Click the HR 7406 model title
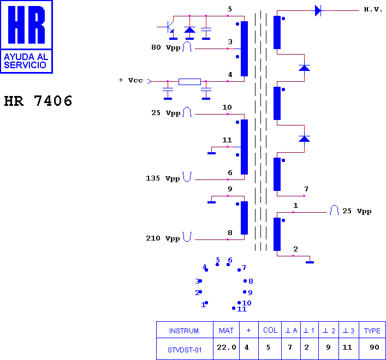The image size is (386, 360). (38, 101)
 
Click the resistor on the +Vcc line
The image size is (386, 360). (189, 82)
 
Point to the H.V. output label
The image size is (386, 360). (373, 10)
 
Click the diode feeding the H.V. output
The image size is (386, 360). (318, 11)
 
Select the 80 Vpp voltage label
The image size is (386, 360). (166, 47)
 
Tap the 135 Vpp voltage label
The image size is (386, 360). (163, 178)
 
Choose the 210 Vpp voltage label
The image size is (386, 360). (163, 238)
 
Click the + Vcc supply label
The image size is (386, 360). (130, 80)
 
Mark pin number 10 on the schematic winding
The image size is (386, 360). (227, 107)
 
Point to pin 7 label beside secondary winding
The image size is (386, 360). (306, 189)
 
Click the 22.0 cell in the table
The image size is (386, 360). (227, 347)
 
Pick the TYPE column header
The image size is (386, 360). (372, 331)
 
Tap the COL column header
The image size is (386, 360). (270, 330)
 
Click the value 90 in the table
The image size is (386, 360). (375, 347)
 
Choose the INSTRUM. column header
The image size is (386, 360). (185, 331)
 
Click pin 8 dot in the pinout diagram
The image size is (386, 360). (245, 281)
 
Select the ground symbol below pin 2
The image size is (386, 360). (310, 262)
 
